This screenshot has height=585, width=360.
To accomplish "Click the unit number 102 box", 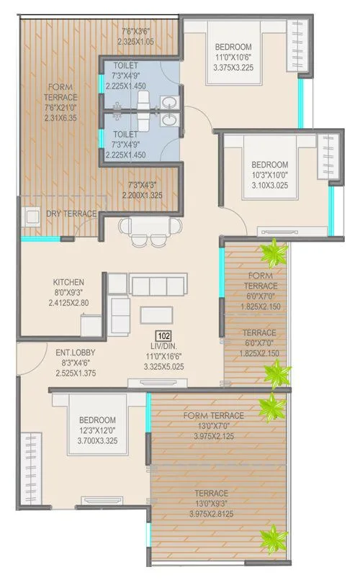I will click(x=164, y=335).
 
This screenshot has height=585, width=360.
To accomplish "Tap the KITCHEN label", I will click(x=69, y=281).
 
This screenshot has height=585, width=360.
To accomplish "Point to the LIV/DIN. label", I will click(x=164, y=346).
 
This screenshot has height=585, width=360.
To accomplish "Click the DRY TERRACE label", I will click(x=71, y=214).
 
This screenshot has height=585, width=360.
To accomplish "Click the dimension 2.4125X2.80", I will click(x=70, y=303).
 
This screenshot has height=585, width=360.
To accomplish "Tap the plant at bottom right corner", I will click(x=274, y=537).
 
